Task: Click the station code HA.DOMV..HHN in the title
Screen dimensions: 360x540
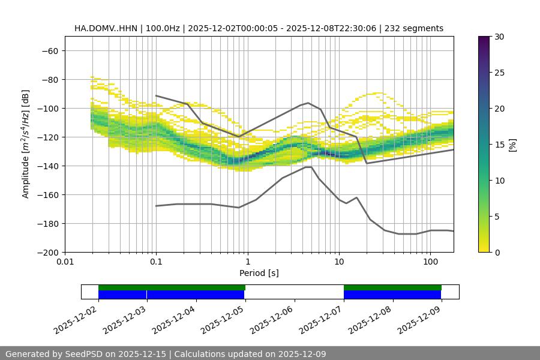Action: pos(105,28)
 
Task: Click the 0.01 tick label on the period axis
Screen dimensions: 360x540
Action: pos(65,262)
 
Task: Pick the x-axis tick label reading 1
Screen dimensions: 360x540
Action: pos(247,262)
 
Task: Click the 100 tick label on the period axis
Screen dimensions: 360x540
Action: pos(430,262)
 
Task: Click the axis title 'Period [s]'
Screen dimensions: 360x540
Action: pos(259,273)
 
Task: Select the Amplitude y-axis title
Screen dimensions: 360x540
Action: pos(26,144)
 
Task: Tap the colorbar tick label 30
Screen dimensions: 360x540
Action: pos(499,37)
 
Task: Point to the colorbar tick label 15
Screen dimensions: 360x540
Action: pos(499,144)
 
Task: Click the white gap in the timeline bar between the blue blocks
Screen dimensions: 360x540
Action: pos(294,292)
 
